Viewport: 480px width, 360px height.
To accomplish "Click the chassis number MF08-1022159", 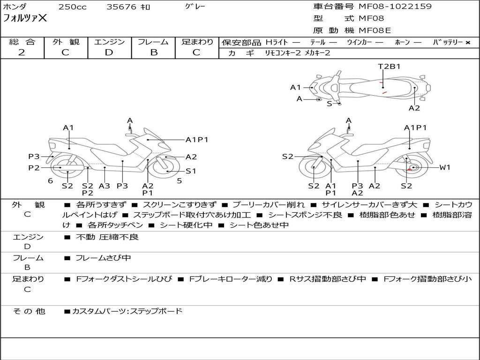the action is [x=395, y=7].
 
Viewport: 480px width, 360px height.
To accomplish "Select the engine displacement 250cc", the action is [x=73, y=7].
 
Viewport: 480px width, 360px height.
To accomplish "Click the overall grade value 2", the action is [x=22, y=52].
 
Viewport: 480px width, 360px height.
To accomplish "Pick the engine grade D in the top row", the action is [x=109, y=52].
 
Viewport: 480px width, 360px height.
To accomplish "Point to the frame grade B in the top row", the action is [x=154, y=52].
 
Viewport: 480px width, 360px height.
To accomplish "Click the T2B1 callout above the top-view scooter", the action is [x=389, y=67].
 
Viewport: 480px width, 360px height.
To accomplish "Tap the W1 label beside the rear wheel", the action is [x=445, y=167].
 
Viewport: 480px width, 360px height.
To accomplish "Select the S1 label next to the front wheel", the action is [x=191, y=171].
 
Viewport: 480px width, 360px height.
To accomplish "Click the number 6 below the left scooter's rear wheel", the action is [x=51, y=181].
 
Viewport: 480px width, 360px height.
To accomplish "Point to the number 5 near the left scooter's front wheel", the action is [x=180, y=181].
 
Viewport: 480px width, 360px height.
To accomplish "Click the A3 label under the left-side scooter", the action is [x=105, y=186].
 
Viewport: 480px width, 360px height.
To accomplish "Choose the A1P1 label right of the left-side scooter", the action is [x=197, y=140].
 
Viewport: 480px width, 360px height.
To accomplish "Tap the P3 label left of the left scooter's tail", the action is [x=34, y=157].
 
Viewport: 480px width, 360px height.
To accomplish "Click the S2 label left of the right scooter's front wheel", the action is [x=287, y=157].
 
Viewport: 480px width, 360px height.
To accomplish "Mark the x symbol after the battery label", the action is [x=468, y=43].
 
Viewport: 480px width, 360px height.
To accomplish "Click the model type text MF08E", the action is [x=375, y=30].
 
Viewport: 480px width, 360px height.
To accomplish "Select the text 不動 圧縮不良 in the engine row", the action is [x=107, y=237].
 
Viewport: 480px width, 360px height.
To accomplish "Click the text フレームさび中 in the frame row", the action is [x=103, y=258].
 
